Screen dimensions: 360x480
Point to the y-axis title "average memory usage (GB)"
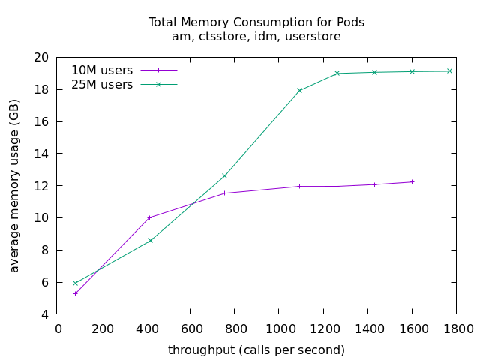(x=14, y=185)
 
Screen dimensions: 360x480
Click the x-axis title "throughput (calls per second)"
(x=256, y=349)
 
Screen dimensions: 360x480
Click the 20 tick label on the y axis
(x=42, y=58)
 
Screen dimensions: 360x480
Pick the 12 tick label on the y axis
(x=42, y=186)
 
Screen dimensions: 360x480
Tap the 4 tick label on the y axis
(x=45, y=314)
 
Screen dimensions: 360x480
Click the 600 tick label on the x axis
(x=190, y=328)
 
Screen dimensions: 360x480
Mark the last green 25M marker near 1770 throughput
(x=449, y=71)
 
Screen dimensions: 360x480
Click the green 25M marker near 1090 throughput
(x=299, y=91)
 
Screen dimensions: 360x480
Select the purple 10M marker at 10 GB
(x=150, y=217)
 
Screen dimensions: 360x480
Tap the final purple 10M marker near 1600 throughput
(x=412, y=181)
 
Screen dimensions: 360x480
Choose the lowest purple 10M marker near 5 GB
(x=75, y=293)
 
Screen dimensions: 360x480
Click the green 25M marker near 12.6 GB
(x=224, y=176)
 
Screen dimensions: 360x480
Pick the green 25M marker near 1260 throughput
(x=337, y=73)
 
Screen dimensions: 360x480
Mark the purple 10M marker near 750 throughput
(x=224, y=193)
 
